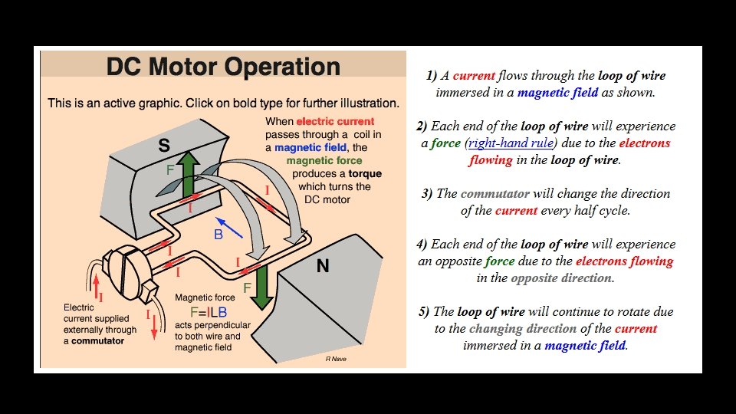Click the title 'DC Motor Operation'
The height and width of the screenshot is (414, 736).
(x=223, y=67)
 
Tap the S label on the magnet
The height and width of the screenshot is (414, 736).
(x=164, y=146)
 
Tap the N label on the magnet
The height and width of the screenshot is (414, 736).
(x=323, y=266)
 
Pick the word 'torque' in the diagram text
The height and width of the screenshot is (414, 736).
(x=363, y=174)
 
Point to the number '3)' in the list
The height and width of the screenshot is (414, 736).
(x=426, y=193)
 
